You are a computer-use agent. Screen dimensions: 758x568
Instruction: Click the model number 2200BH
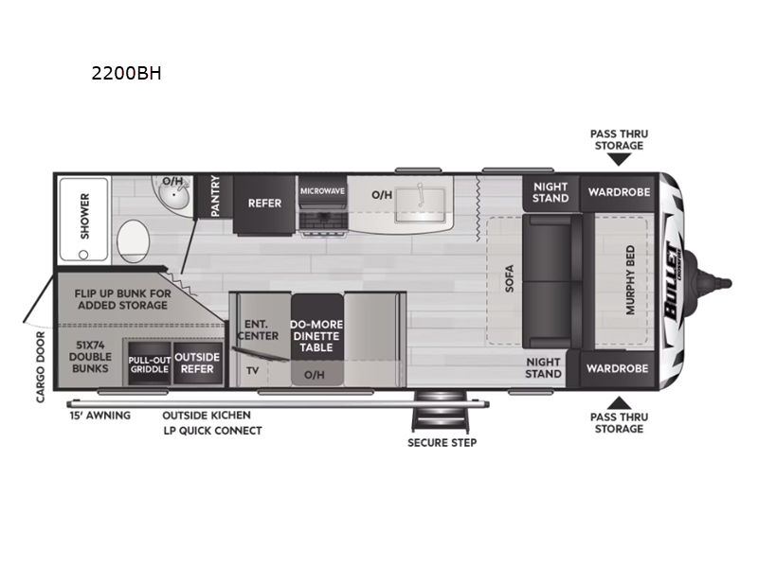[126, 73]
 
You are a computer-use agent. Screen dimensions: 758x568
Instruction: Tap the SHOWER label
[85, 216]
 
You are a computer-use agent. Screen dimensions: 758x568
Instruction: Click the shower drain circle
[83, 254]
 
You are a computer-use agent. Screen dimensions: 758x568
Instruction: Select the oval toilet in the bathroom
[133, 241]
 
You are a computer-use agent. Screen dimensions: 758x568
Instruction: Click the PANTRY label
[215, 196]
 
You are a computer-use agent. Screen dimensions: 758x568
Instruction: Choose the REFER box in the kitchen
[264, 204]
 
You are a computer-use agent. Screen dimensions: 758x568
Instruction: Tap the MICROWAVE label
[322, 191]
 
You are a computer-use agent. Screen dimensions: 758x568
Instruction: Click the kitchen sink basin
[420, 204]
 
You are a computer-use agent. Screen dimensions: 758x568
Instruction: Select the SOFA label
[509, 278]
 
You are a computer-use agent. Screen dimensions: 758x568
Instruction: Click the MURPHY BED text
[630, 279]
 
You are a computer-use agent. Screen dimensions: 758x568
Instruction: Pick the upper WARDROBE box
[620, 192]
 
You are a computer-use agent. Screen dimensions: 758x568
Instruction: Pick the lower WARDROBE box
[618, 368]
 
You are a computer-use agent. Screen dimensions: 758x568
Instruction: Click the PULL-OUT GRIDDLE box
[150, 364]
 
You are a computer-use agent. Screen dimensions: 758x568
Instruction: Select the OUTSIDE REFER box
[197, 364]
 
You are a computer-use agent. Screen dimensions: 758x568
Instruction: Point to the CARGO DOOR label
[41, 367]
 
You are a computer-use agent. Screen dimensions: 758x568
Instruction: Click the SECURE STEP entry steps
[441, 411]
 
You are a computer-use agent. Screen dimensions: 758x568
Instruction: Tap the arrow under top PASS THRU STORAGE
[619, 159]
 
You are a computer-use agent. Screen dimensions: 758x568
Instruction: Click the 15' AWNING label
[100, 416]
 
